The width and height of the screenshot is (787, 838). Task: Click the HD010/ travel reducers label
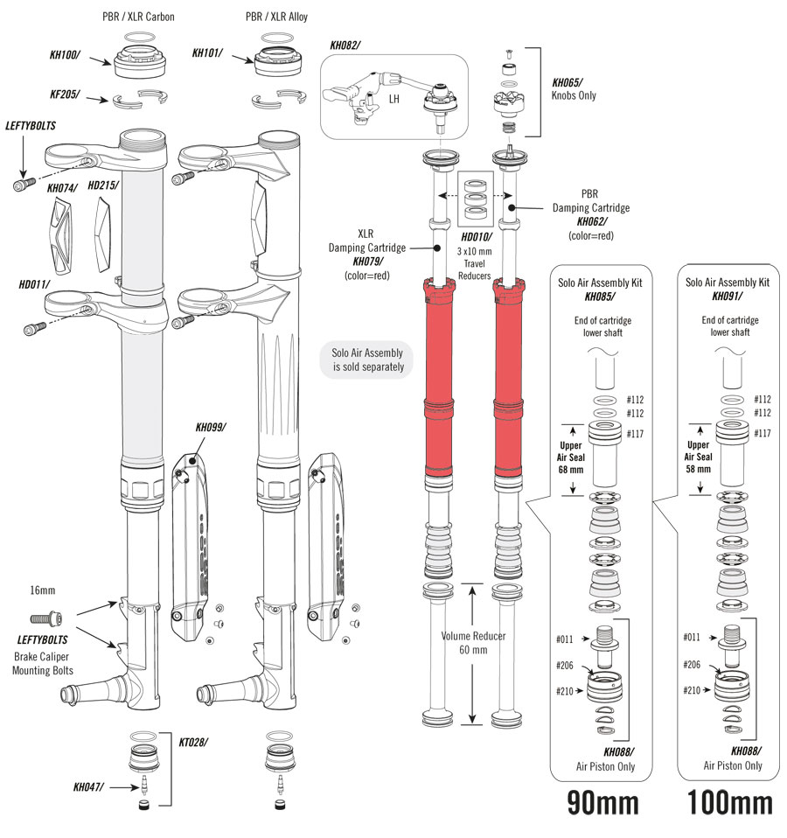(476, 237)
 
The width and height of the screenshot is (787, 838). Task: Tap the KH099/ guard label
(211, 428)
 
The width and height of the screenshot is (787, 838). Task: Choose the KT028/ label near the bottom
(193, 742)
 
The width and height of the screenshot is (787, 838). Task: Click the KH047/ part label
(89, 787)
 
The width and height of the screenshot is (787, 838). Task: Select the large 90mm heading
(602, 802)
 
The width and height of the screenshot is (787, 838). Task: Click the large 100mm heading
(730, 802)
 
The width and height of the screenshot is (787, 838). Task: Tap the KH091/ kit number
(728, 297)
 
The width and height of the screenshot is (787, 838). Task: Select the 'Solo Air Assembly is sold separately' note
(367, 360)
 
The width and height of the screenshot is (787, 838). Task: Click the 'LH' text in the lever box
(394, 99)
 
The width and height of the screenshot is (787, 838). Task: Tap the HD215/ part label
(103, 185)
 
